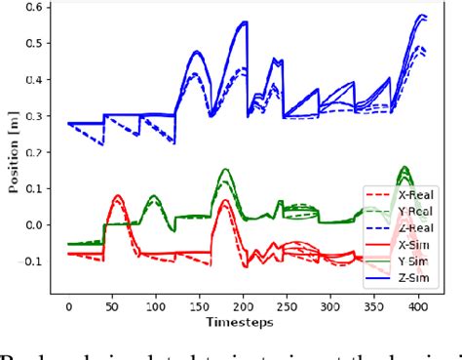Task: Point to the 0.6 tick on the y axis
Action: pos(35,9)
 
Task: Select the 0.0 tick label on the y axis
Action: pos(35,224)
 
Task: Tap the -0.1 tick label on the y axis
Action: pos(33,260)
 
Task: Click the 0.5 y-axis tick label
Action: pos(35,45)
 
